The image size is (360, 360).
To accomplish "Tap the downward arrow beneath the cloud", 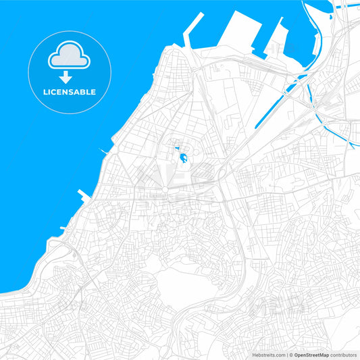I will tap(66, 77).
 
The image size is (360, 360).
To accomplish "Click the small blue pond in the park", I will tap(183, 159).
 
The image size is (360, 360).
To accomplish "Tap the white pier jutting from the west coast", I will tap(84, 196).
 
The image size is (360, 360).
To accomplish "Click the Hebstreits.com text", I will tap(267, 355).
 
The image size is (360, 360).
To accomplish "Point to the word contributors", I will tap(343, 355).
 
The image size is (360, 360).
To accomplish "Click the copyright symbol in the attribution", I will tap(290, 355).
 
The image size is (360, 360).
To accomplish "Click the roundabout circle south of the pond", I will tap(168, 190).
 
